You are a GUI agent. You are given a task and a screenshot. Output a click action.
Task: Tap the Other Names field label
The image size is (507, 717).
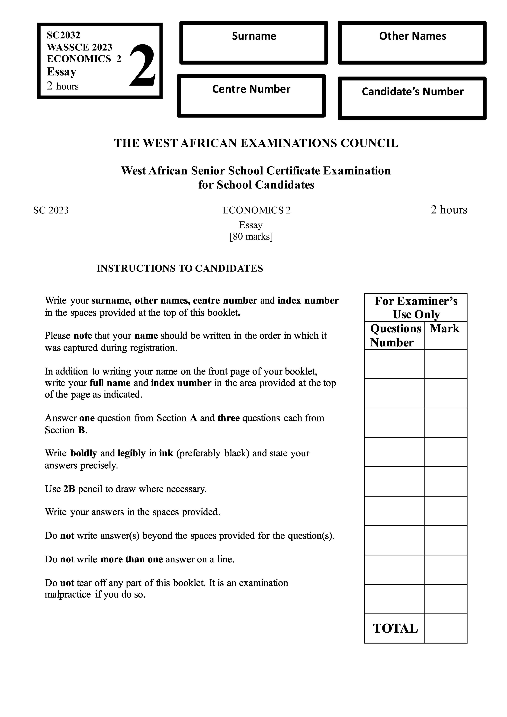click(412, 36)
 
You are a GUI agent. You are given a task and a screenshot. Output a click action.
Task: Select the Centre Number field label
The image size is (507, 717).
click(251, 89)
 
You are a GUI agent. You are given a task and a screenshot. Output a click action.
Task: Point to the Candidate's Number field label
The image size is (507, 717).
click(412, 92)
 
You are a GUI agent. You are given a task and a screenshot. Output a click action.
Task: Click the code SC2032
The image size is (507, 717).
click(63, 35)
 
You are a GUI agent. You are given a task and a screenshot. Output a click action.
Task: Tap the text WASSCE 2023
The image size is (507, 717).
click(79, 47)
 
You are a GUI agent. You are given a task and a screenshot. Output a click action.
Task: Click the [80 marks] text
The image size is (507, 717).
click(251, 237)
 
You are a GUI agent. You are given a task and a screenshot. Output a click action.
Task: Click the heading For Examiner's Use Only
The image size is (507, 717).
click(416, 308)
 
